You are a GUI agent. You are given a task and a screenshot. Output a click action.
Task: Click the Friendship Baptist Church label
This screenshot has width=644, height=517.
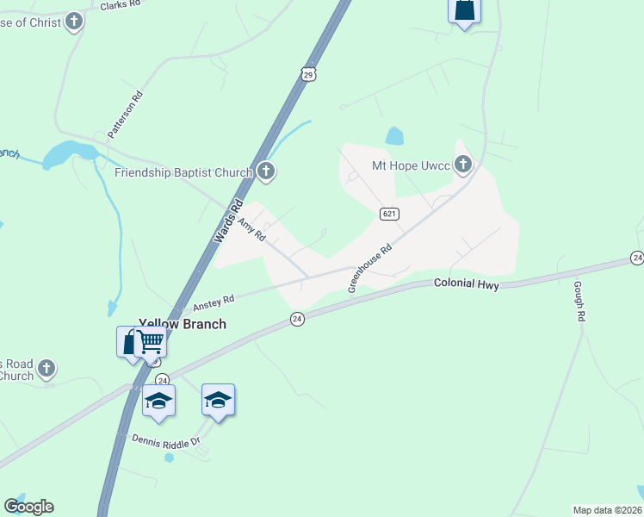pyautogui.click(x=183, y=172)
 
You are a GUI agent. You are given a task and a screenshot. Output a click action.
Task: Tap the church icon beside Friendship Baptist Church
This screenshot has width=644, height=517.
pyautogui.click(x=266, y=171)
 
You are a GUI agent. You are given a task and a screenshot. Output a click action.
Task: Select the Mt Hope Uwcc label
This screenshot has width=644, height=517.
pyautogui.click(x=410, y=165)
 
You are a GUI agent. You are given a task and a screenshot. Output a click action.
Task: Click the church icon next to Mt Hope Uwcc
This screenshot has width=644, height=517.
pyautogui.click(x=463, y=164)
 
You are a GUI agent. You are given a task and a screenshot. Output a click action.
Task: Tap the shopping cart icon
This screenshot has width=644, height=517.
pyautogui.click(x=152, y=342)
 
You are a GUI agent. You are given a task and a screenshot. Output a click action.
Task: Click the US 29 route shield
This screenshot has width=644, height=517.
pyautogui.click(x=308, y=75)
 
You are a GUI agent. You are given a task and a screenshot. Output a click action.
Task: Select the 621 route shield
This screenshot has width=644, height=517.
pyautogui.click(x=387, y=213)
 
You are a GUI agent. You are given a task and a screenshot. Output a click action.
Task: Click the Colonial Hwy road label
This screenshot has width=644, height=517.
pyautogui.click(x=467, y=282)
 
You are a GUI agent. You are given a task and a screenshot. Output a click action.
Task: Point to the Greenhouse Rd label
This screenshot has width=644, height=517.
pyautogui.click(x=369, y=267)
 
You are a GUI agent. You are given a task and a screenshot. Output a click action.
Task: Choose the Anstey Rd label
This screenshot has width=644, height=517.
pyautogui.click(x=214, y=302)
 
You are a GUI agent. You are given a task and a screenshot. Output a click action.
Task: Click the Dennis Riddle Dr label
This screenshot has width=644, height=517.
pyautogui.click(x=165, y=439)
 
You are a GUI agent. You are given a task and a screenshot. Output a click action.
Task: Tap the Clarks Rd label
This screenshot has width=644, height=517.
pyautogui.click(x=120, y=5)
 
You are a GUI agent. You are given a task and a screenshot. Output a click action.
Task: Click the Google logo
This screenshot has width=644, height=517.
pyautogui.click(x=28, y=507)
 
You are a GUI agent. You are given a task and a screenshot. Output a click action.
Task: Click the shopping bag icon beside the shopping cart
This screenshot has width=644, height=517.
pyautogui.click(x=129, y=342)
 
